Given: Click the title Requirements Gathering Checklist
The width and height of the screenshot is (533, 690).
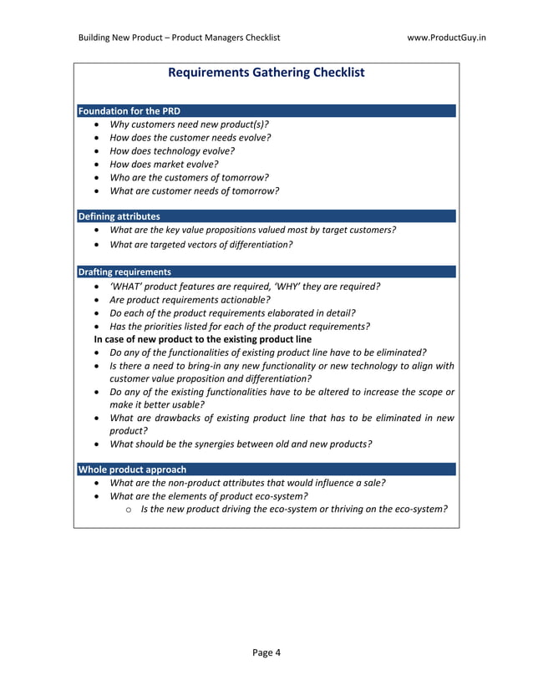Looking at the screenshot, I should pos(266,73).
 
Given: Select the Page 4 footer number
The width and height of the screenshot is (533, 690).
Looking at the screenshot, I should pos(266,652).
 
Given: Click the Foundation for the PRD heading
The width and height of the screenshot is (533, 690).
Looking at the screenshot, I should pos(129,111).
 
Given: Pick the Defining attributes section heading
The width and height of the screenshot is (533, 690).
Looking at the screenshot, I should pos(119,216).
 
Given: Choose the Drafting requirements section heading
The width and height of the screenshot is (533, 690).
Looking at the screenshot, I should pos(124,271).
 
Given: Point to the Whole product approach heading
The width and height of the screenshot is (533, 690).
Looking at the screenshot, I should pos(132,469).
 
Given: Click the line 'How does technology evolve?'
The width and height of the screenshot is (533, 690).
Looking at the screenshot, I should pos(172,151).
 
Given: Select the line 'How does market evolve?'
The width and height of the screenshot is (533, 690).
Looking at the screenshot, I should pos(164,165).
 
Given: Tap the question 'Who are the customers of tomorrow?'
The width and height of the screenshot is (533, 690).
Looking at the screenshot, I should pos(189,178).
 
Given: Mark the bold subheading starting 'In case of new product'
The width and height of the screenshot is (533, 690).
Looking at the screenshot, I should pos(202,339).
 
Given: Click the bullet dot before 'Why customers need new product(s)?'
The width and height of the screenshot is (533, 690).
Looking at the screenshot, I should pos(99,124).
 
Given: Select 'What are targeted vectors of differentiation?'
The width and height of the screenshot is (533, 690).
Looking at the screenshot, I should pos(201,245).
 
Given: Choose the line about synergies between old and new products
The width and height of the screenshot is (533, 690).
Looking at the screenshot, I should pos(241,444).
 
